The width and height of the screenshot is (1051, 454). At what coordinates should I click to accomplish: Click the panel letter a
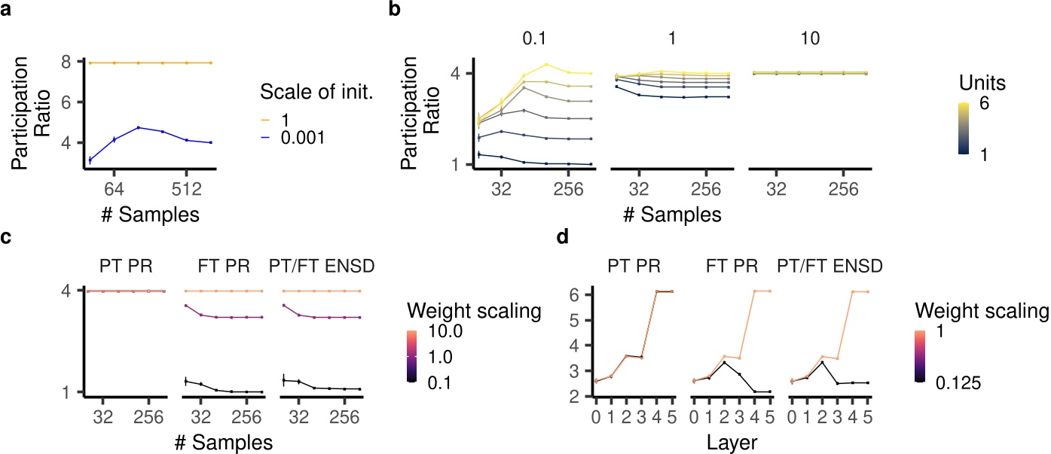[7, 11]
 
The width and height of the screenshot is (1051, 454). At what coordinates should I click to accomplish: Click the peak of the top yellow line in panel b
[547, 64]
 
